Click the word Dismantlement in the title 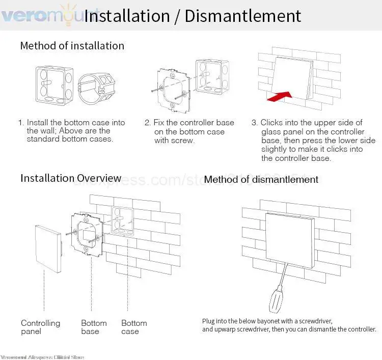click(x=243, y=16)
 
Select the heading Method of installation click(x=72, y=45)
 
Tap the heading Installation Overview click(x=71, y=178)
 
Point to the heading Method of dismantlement click(x=261, y=179)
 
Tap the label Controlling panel click(x=40, y=327)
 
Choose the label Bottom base click(x=94, y=327)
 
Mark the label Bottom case click(x=134, y=327)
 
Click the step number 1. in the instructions click(x=21, y=123)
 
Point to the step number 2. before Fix click(x=148, y=123)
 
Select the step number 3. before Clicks click(x=255, y=123)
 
